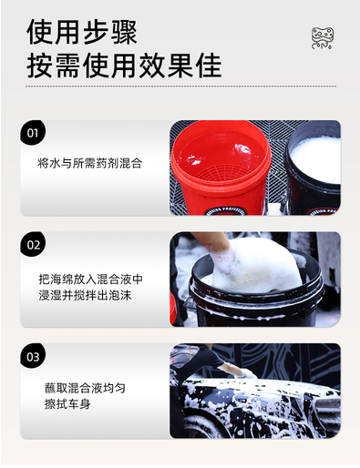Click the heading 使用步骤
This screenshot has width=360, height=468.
click(82, 32)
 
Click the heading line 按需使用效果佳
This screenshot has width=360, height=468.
click(124, 66)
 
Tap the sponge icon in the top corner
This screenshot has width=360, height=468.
click(323, 38)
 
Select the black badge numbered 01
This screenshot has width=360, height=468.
click(33, 133)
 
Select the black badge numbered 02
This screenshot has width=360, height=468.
click(33, 244)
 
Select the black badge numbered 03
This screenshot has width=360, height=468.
click(33, 356)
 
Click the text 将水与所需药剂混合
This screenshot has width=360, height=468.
click(90, 163)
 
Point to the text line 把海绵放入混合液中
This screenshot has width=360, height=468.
click(90, 279)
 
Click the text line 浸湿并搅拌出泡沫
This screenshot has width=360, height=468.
click(85, 295)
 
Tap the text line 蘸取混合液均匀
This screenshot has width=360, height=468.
click(85, 388)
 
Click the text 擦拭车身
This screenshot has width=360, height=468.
click(67, 404)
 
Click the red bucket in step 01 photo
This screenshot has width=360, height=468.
click(221, 168)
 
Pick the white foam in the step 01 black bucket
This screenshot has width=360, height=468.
click(316, 159)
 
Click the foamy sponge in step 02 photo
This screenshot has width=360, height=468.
click(255, 266)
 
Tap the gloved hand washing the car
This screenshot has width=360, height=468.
click(248, 373)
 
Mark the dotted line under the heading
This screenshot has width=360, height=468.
click(180, 86)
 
